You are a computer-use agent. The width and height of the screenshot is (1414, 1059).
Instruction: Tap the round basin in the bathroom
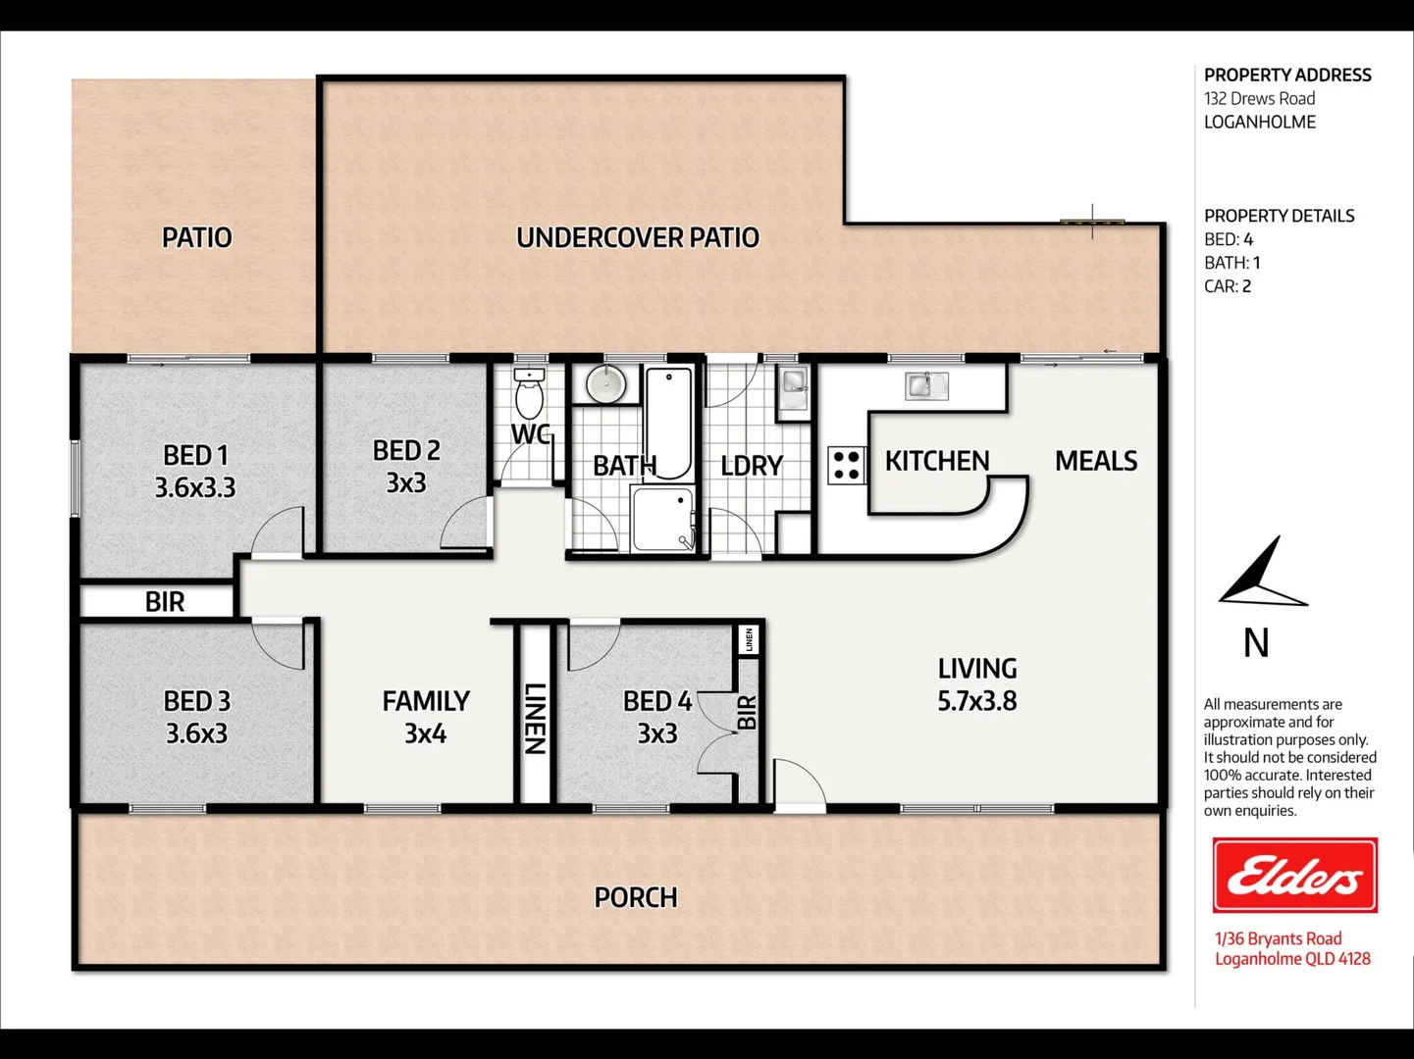point(605,383)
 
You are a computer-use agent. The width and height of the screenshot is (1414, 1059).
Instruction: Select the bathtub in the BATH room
point(669,421)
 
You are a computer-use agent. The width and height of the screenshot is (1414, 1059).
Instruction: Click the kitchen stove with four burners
point(846,465)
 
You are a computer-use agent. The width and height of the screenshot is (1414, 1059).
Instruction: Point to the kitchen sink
point(924,385)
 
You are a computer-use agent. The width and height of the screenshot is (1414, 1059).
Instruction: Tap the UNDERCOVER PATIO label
point(637,237)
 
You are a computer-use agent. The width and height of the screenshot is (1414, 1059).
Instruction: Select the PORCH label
point(635,897)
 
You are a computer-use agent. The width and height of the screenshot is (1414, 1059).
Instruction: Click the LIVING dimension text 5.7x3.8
point(976,701)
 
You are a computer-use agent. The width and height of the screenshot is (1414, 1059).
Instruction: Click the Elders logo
point(1294,875)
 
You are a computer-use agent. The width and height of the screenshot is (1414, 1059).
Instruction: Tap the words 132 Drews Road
point(1259,98)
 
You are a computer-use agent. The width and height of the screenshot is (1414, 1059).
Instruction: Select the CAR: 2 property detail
point(1227,286)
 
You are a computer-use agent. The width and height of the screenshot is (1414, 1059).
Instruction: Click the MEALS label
point(1095,461)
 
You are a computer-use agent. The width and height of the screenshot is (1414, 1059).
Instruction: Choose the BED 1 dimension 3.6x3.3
point(195,487)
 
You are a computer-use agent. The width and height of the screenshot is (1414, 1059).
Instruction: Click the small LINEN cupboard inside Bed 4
point(749,639)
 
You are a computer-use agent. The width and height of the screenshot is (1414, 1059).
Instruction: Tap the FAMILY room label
point(426,701)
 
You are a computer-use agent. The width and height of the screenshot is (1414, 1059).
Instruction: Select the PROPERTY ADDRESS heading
point(1286,75)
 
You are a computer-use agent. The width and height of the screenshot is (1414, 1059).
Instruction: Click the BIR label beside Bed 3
point(164,601)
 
